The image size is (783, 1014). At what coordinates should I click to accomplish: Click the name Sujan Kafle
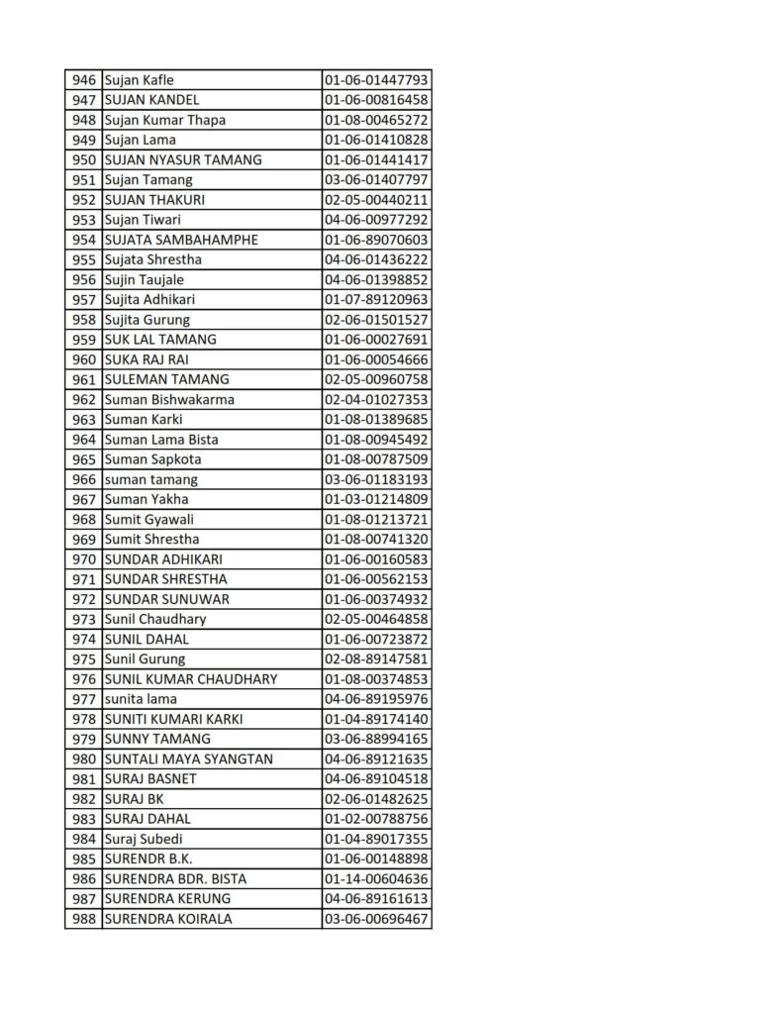point(139,80)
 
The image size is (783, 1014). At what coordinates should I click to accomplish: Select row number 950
point(84,159)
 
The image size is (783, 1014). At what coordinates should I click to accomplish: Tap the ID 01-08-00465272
point(376,120)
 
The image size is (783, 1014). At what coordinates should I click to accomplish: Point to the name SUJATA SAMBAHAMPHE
point(181,240)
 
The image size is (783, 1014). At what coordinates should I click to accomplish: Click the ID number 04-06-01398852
point(376,279)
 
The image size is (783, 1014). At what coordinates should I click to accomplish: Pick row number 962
point(84,399)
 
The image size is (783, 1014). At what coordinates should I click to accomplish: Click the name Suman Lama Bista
point(161,439)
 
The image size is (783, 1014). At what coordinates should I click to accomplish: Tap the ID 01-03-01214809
point(376,499)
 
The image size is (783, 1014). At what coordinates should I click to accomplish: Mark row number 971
point(84,578)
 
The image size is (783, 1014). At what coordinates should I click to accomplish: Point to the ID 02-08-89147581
point(376,659)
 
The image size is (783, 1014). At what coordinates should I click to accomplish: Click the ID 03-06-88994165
point(376,739)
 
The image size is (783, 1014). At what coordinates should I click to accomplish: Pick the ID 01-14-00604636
point(376,878)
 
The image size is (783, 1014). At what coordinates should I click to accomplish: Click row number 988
point(84,918)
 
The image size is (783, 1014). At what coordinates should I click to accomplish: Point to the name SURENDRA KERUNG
point(167,898)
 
